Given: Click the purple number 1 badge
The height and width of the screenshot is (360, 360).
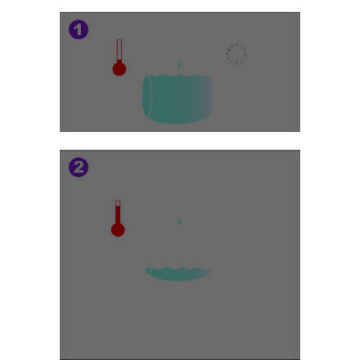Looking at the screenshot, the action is (79, 29).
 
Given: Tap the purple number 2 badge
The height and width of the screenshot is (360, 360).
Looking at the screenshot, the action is (79, 167).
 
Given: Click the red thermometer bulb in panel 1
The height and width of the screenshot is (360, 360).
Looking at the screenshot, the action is (119, 69).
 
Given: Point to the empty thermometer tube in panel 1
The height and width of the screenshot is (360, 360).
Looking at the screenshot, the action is (119, 50).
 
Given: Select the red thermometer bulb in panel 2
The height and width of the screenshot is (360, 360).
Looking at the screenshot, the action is (118, 230).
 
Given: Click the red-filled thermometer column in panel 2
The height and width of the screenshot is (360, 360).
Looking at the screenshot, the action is (118, 215).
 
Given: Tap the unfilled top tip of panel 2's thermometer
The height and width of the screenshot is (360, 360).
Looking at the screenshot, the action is (118, 203).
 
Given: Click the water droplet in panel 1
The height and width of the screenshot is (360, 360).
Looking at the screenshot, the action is (179, 64).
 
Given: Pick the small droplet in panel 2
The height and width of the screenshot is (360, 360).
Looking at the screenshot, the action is (179, 221).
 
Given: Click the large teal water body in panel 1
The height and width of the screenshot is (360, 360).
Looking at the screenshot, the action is (178, 99).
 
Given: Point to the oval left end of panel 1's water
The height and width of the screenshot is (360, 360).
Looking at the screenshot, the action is (147, 96).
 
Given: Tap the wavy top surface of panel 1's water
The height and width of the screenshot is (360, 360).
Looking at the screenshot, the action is (178, 76).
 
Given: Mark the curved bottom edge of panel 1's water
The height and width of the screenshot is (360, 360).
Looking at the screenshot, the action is (178, 121).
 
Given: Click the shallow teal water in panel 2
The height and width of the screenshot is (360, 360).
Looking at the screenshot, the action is (178, 274).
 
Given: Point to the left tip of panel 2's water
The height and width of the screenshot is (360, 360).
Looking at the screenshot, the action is (146, 269).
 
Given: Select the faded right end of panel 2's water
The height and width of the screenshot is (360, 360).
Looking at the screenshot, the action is (208, 272).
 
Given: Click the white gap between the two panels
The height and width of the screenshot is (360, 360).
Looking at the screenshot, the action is (180, 141).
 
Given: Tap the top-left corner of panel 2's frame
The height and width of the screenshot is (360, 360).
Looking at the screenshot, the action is (61, 150).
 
